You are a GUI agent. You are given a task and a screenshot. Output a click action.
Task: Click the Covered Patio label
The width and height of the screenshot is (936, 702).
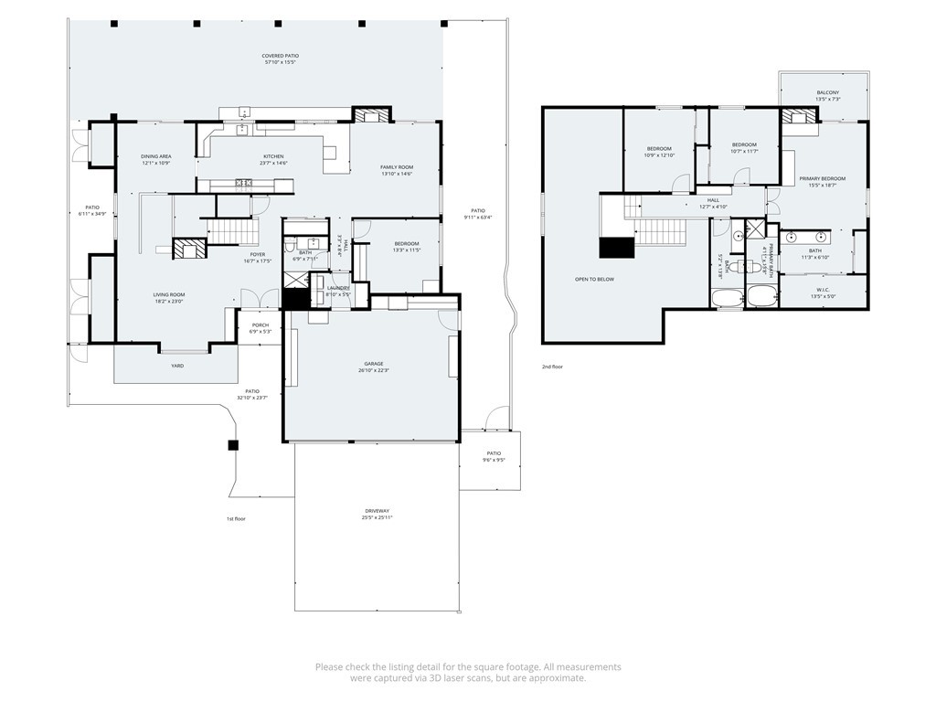[x=281, y=56]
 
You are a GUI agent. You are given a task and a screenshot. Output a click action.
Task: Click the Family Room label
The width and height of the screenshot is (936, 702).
[x=397, y=167]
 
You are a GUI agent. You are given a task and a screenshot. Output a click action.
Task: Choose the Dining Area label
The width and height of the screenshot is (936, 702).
[x=156, y=156]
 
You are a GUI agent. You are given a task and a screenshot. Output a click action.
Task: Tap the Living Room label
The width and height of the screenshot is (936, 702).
[x=169, y=294]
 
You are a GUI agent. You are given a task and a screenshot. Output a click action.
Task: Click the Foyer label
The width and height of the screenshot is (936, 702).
[x=257, y=254]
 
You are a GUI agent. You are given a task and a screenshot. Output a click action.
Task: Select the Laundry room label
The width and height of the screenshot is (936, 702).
[x=338, y=288]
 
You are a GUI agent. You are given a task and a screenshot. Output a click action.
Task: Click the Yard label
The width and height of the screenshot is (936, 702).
[x=177, y=366]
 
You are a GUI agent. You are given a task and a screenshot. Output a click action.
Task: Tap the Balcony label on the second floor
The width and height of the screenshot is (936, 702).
[x=827, y=92]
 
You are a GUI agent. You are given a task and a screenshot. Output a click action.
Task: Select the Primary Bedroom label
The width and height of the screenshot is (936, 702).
[x=822, y=178]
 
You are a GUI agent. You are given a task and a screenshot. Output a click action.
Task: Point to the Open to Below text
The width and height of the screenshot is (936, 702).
[x=594, y=279]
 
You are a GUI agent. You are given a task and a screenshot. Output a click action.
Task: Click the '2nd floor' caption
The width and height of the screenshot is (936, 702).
[x=552, y=367]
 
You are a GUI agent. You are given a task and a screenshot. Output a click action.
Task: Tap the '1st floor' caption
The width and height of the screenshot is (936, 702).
[x=236, y=518]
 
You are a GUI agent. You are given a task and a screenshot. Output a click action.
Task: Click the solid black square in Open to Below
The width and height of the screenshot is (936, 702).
[x=616, y=249]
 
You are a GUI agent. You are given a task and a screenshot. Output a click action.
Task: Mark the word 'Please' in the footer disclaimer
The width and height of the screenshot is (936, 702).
[x=329, y=667]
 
